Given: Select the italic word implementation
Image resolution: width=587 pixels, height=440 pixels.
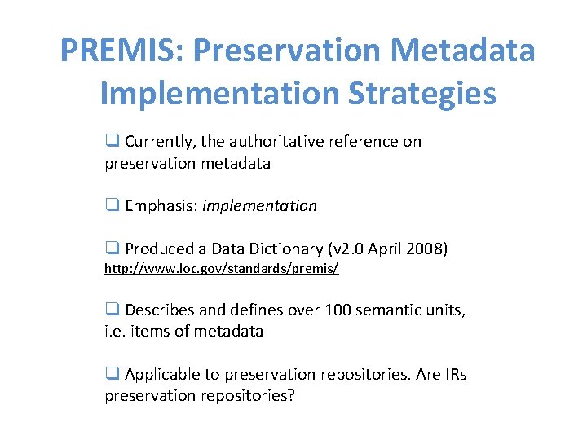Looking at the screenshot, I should point(259,206).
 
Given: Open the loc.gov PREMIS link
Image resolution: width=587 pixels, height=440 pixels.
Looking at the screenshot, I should point(221,267).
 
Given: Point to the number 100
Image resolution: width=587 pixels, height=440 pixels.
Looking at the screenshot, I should point(338,310).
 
